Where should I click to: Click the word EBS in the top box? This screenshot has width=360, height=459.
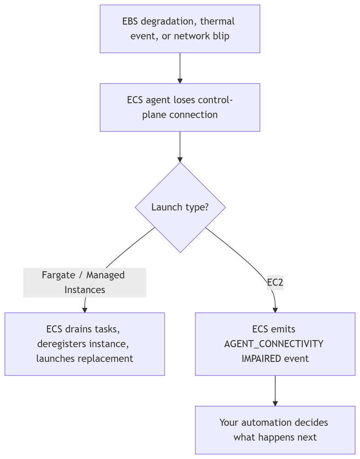[130, 22]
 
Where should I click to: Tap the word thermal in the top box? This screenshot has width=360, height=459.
[217, 22]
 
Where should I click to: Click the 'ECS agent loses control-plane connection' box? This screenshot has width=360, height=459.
[180, 108]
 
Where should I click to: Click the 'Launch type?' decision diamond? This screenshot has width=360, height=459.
[180, 207]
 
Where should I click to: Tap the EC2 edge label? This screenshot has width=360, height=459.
[275, 282]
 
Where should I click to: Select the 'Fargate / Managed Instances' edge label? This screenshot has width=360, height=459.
[85, 282]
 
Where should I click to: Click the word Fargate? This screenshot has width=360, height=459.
[59, 275]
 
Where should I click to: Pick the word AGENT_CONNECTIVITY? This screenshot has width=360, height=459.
[273, 344]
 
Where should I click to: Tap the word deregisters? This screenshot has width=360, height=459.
[61, 344]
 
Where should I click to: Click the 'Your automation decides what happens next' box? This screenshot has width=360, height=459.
[275, 430]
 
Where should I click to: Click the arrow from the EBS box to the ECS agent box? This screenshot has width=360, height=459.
[180, 68]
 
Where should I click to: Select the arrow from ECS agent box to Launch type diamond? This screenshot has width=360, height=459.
[180, 147]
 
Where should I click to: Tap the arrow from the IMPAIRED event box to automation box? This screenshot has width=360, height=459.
[275, 391]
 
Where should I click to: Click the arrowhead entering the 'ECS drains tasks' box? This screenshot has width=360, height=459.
[85, 310]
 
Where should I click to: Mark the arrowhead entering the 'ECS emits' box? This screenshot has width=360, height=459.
[275, 310]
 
